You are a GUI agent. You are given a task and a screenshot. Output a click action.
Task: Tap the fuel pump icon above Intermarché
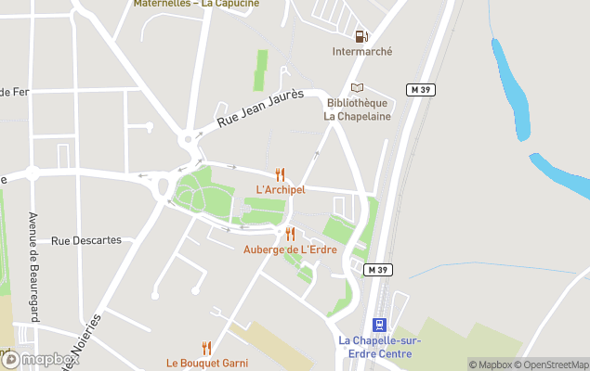click(361, 36)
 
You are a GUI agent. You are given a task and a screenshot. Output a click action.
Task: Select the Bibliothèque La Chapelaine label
click(357, 109)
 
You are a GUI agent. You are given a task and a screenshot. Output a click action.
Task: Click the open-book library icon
click(358, 87)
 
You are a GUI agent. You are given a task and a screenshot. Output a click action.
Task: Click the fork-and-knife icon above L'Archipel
click(280, 174)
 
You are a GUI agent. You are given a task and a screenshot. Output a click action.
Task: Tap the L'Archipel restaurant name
click(280, 190)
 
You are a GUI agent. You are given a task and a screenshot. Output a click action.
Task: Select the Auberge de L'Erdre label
click(289, 249)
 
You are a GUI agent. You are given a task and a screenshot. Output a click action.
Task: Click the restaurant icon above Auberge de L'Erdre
click(290, 234)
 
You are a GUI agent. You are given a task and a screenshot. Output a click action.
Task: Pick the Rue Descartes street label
click(86, 240)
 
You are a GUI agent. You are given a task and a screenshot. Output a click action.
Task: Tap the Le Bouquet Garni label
click(207, 363)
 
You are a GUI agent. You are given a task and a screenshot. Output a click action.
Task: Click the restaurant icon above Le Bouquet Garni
click(207, 348)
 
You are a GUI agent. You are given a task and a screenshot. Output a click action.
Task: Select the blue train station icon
click(379, 325)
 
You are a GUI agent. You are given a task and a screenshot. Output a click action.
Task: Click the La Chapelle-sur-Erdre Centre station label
click(379, 347)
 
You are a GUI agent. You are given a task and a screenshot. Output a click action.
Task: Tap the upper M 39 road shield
click(421, 89)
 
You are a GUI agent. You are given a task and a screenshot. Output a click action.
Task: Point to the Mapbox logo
click(40, 359)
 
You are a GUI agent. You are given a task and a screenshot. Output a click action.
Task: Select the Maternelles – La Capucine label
click(195, 4)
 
